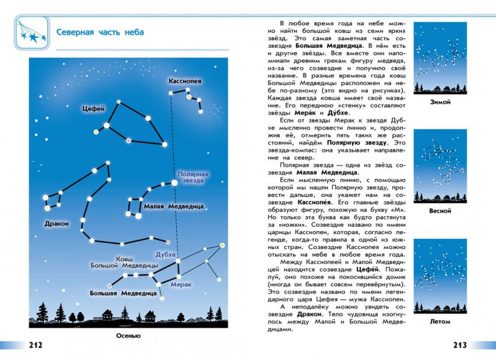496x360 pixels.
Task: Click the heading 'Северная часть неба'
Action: click(100, 32)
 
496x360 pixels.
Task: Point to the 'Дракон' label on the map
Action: click(57, 223)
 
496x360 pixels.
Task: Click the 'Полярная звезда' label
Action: click(193, 177)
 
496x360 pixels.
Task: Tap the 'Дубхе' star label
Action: click(166, 255)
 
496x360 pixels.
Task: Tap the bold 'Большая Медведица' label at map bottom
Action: click(124, 293)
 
